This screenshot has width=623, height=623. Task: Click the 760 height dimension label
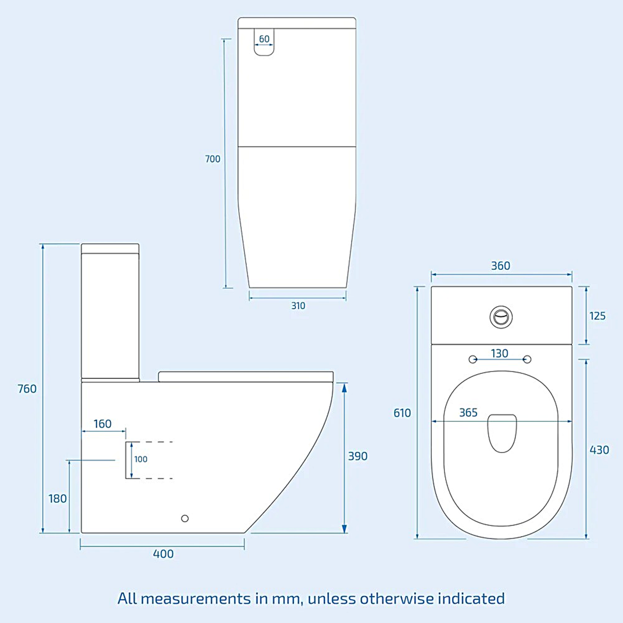tap(27, 389)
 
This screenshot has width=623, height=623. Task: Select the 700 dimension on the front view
tap(213, 159)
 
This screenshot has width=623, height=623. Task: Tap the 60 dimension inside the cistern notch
tap(264, 39)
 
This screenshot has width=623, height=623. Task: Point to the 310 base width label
tap(298, 306)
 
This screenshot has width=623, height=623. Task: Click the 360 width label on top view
tap(500, 266)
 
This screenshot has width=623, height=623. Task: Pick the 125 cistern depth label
tap(597, 316)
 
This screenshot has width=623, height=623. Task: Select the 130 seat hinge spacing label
tap(500, 354)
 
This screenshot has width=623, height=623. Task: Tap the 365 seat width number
tap(468, 413)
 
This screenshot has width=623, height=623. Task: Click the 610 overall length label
tap(402, 413)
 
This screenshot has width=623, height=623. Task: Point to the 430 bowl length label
tap(599, 450)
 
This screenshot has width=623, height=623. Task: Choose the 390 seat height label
tap(357, 456)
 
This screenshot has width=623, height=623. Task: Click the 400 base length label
tap(163, 554)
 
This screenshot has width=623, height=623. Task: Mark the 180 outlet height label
tap(58, 499)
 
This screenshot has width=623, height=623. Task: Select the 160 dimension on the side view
tap(103, 424)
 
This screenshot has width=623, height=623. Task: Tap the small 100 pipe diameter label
tap(141, 459)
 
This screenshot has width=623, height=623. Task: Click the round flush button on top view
tap(501, 317)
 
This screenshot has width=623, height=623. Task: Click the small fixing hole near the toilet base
tap(185, 518)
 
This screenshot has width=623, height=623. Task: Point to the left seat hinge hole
tap(473, 359)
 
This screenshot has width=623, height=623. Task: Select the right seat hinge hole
tap(528, 359)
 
